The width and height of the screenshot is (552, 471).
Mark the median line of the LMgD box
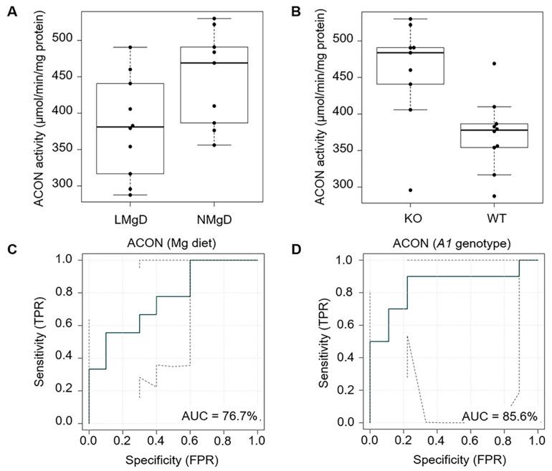point(130,127)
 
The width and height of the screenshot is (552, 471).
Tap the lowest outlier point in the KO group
point(411,190)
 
